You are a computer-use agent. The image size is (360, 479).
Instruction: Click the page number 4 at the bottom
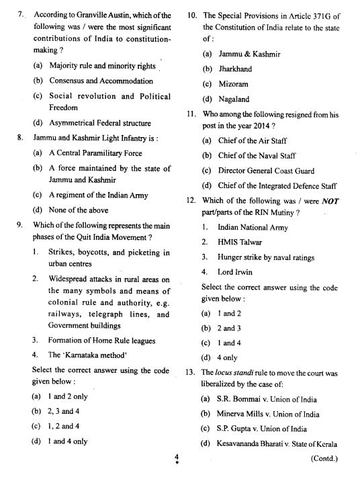(175, 457)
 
